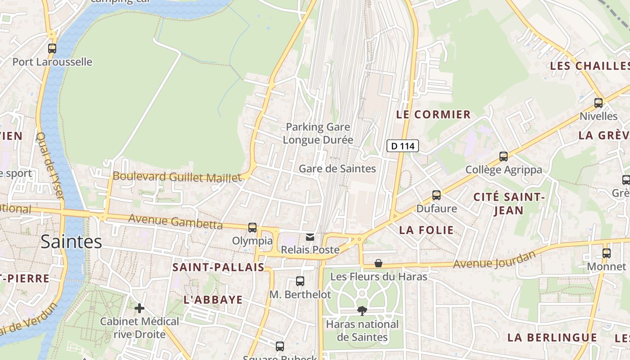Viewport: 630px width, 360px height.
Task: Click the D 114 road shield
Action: (x=403, y=146)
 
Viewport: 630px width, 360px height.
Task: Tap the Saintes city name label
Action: (x=71, y=242)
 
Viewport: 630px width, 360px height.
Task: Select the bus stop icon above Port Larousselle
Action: (x=52, y=49)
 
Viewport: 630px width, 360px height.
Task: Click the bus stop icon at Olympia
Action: (x=252, y=228)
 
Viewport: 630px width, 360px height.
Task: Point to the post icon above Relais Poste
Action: (x=310, y=237)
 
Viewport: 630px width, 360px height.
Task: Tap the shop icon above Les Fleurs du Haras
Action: (x=378, y=263)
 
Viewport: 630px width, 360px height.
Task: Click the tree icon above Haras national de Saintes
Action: (x=361, y=310)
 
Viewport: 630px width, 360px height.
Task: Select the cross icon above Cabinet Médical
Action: (x=139, y=308)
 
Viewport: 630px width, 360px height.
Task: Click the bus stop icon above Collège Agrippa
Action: (x=504, y=157)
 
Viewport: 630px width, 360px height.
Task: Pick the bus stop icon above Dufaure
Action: (x=436, y=195)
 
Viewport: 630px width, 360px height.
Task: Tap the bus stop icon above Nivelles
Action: (x=598, y=103)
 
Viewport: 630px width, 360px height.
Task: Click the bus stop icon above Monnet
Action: (x=607, y=253)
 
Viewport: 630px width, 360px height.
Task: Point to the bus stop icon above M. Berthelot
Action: (x=300, y=281)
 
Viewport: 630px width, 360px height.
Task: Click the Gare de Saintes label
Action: (x=337, y=169)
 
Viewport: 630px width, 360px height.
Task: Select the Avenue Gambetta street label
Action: (x=175, y=221)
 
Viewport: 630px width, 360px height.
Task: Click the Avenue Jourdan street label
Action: (x=495, y=260)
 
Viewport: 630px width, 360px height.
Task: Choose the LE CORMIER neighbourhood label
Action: (x=433, y=114)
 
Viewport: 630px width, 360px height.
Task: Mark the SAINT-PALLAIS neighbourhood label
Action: (x=218, y=267)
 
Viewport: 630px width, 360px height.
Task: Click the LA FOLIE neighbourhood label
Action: (x=427, y=230)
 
